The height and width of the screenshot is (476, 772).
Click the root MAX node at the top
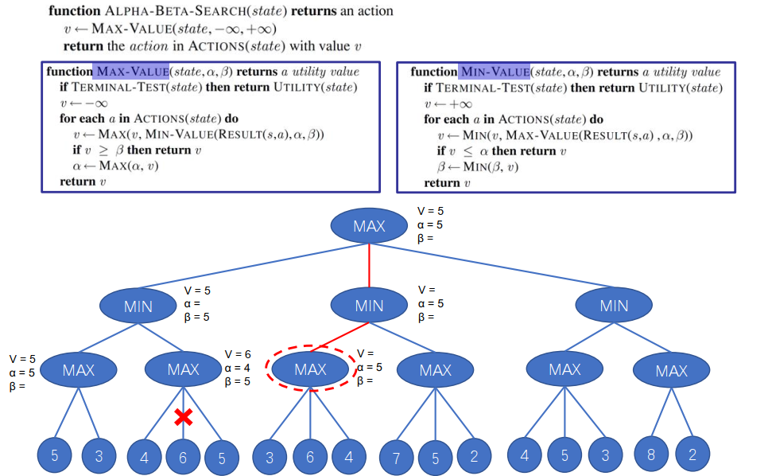click(x=370, y=226)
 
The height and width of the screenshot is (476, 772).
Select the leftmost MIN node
click(x=138, y=306)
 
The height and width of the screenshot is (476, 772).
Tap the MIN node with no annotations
click(x=614, y=306)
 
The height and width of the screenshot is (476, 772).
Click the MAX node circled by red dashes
click(x=310, y=369)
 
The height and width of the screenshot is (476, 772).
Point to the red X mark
click(x=184, y=416)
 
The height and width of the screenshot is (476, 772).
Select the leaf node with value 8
click(x=650, y=456)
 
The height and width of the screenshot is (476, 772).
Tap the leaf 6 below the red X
click(x=184, y=457)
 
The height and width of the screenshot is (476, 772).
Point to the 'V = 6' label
click(x=238, y=354)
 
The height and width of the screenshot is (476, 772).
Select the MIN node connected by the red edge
click(x=369, y=306)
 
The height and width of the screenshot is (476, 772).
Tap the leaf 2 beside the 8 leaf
click(x=692, y=456)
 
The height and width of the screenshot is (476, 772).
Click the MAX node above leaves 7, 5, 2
click(x=435, y=370)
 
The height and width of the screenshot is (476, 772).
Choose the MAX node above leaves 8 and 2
click(x=671, y=370)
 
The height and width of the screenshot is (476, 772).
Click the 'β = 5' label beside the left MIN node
click(x=197, y=318)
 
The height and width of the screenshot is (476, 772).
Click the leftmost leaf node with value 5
click(x=55, y=456)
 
